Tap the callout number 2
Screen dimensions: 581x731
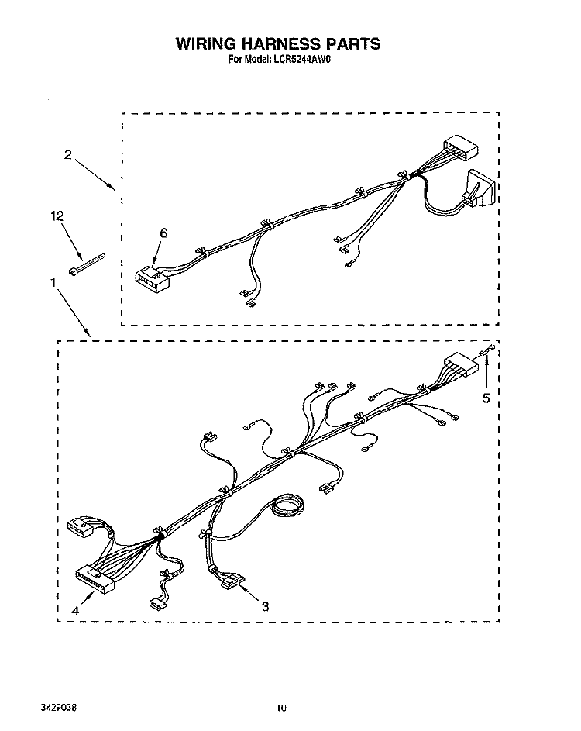coord(68,155)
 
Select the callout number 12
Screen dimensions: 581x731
coord(57,216)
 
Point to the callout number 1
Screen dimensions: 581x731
coord(53,282)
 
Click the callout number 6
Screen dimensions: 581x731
coord(163,233)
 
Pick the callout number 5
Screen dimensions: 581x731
coord(486,398)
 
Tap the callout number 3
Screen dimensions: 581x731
coord(265,606)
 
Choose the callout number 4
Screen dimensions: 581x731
coord(75,611)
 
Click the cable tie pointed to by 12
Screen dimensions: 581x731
coord(87,264)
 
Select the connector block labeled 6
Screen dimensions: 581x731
coord(153,280)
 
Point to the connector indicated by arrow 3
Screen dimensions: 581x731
coord(232,581)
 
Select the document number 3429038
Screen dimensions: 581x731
coord(58,707)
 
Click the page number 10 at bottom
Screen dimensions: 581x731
coord(281,709)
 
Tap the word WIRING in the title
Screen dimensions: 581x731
coord(206,44)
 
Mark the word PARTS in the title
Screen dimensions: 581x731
coord(352,44)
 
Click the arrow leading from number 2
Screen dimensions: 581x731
coord(95,175)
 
